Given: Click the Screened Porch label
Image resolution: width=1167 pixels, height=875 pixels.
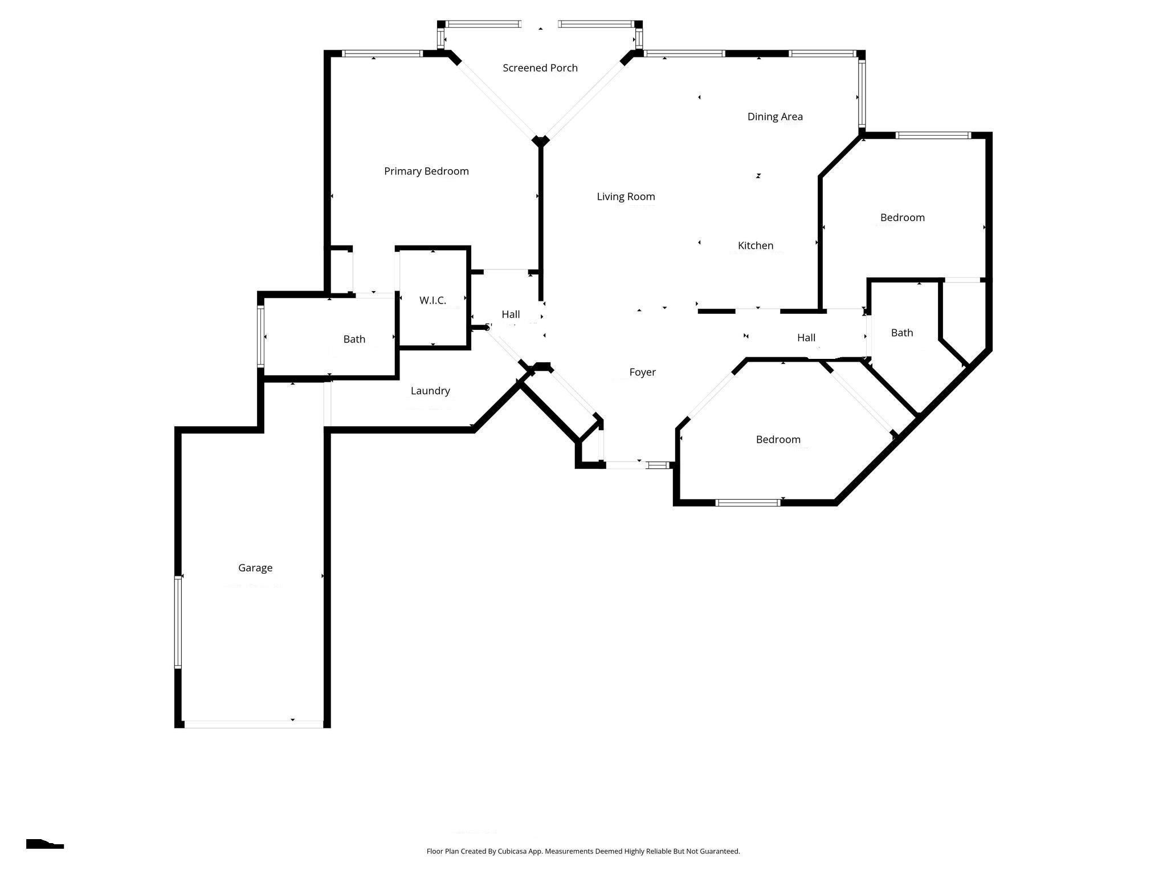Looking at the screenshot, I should [x=540, y=68].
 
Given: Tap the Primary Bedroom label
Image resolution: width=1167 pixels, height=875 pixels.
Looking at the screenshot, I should [x=426, y=171].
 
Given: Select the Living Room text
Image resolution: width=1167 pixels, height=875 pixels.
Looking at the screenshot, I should [x=626, y=197].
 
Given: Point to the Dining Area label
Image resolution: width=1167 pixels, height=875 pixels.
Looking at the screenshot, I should [x=775, y=116].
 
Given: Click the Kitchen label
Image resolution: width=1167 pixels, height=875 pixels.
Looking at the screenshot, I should [x=756, y=246].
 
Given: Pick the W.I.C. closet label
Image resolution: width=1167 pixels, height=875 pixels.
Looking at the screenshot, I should [x=432, y=300].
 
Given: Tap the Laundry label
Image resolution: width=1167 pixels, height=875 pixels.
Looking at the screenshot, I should [x=430, y=391].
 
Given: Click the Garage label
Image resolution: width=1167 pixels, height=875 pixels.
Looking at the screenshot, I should [x=255, y=568].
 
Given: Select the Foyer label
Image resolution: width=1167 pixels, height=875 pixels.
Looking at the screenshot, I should [x=642, y=372].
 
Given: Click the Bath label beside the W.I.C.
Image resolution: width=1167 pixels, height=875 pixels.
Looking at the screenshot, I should [x=354, y=339].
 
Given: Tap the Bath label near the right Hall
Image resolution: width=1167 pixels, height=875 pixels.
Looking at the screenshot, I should [x=901, y=333].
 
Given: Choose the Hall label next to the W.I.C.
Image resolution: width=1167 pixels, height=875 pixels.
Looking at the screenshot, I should [x=511, y=314].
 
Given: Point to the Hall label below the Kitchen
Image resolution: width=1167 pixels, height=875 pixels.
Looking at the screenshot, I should [x=806, y=338].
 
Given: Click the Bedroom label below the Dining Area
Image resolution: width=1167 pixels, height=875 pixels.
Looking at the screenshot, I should [x=902, y=218].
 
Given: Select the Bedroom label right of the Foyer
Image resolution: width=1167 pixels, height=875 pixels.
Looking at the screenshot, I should [x=778, y=439].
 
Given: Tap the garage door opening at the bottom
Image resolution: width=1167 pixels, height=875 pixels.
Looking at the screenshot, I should [x=254, y=724].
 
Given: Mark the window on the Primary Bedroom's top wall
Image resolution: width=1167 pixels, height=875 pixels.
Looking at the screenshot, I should [x=382, y=54].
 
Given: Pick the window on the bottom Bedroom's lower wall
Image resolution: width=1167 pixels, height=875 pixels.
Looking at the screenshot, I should [x=748, y=502].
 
